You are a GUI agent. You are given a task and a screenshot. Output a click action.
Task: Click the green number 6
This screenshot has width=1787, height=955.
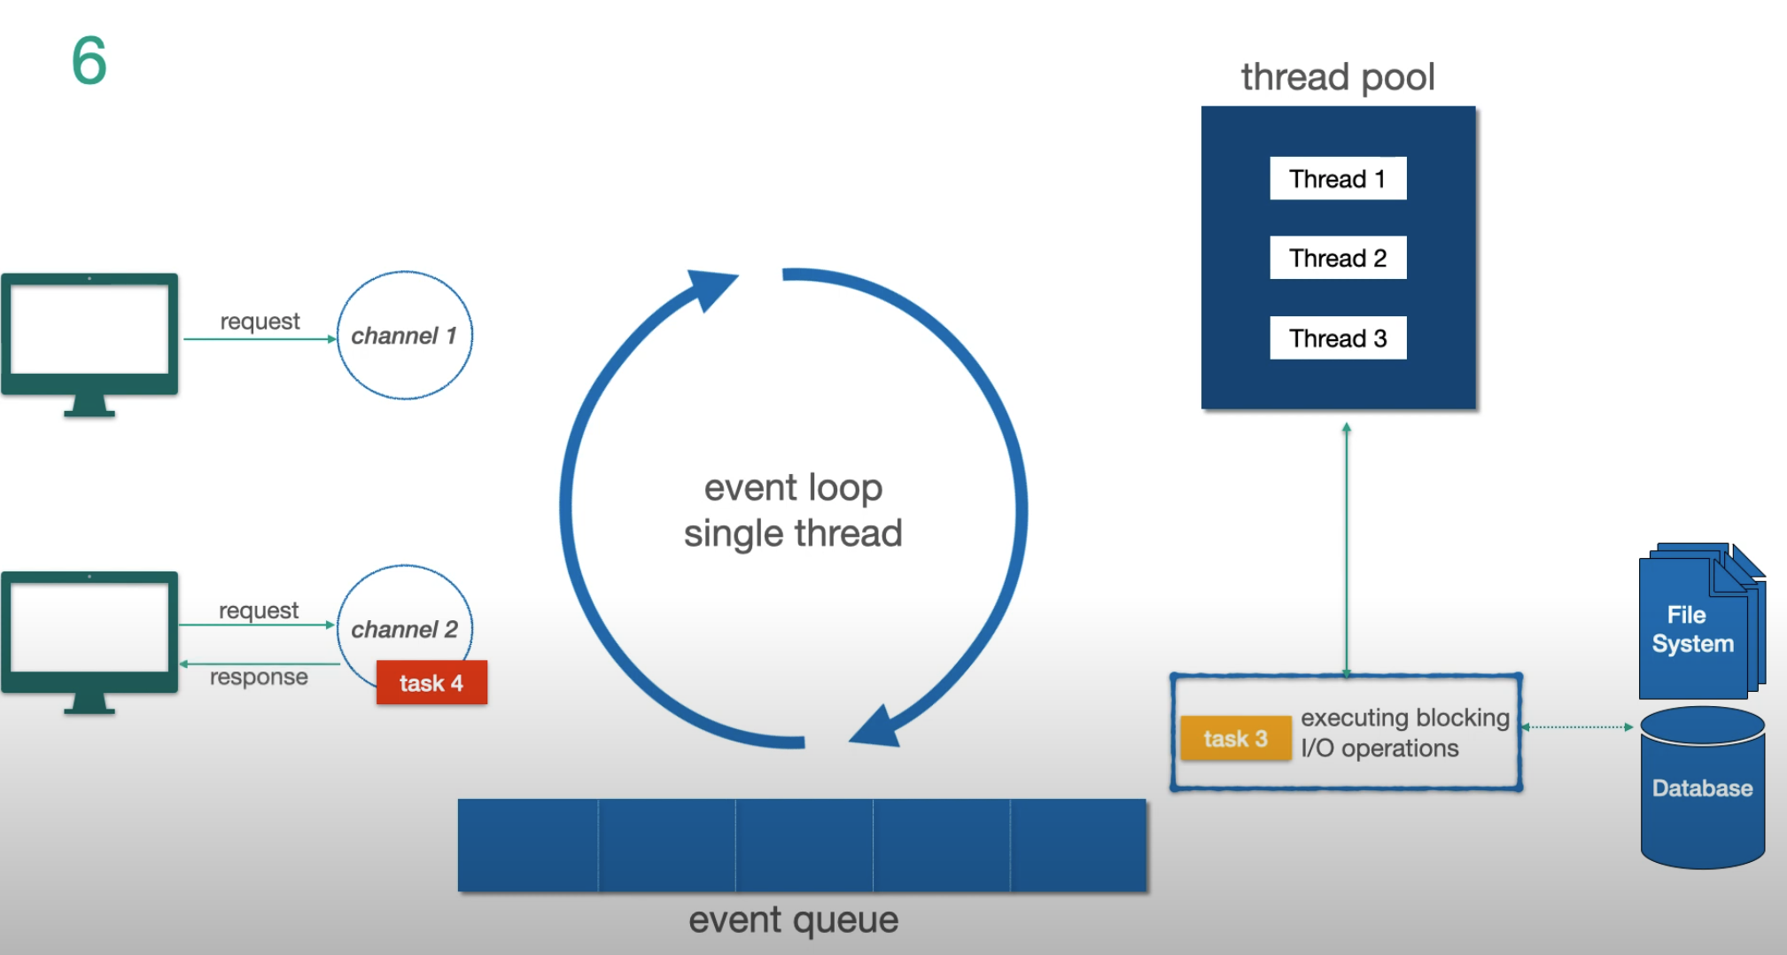[89, 61]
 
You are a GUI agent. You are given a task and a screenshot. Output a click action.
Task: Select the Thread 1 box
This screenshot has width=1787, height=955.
[1337, 179]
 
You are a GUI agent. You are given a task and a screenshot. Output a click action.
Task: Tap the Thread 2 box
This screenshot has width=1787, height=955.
[1337, 258]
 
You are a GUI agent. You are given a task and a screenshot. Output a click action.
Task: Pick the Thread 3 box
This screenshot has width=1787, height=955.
[1337, 338]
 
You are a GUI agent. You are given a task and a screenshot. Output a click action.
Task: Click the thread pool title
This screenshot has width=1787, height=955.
[1337, 77]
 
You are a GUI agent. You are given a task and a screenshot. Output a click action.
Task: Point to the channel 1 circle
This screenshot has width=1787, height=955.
[404, 336]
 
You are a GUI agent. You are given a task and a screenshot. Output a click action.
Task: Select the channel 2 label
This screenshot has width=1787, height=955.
[404, 629]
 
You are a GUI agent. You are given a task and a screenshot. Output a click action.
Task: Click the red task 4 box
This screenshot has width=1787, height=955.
[431, 683]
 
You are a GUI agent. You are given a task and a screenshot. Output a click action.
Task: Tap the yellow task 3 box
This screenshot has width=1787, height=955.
[1235, 739]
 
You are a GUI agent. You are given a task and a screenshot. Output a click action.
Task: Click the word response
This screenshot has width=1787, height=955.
[259, 677]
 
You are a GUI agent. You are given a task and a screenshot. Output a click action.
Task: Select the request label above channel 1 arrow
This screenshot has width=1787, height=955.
[260, 321]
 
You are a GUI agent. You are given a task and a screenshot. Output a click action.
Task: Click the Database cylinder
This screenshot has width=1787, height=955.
[1702, 788]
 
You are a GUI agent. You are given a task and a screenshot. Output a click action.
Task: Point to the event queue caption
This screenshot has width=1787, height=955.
[793, 920]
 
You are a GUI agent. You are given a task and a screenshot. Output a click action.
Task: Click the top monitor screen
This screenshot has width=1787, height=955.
[89, 329]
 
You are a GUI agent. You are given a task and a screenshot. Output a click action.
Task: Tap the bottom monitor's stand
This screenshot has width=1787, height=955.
[89, 704]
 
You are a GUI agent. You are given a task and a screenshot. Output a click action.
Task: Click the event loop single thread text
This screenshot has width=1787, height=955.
[793, 510]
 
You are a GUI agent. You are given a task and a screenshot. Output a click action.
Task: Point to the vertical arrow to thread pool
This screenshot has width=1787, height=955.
[1346, 549]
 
